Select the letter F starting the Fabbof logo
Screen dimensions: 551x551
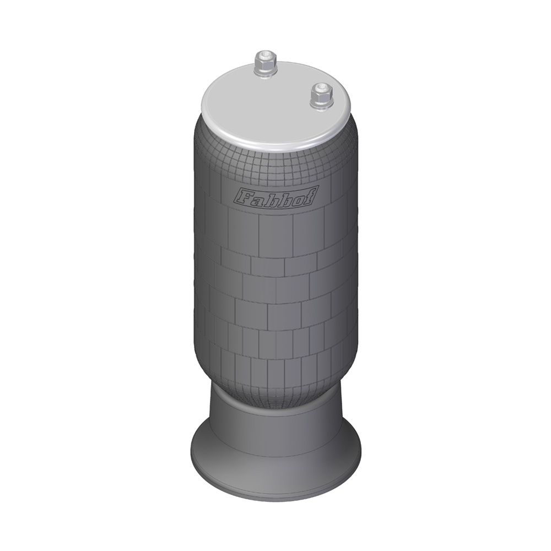242,196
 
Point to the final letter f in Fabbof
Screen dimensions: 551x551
309,194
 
